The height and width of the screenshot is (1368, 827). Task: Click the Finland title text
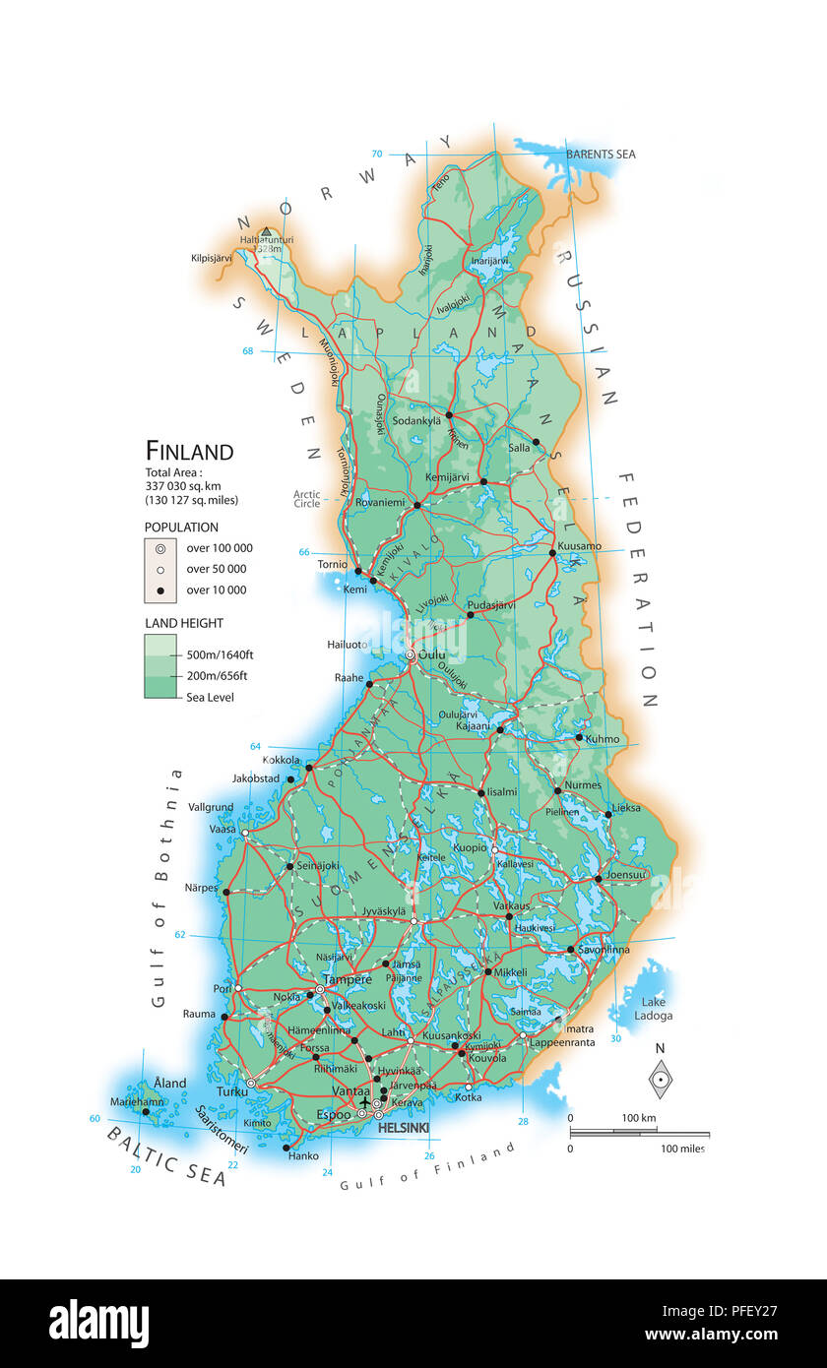click(190, 452)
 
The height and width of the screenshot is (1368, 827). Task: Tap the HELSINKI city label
click(404, 1128)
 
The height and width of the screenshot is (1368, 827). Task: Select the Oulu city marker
click(411, 655)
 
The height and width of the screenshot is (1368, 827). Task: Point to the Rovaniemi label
click(380, 502)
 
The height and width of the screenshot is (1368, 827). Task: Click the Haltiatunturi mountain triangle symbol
click(266, 232)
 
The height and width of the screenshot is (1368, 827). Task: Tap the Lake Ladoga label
click(654, 1009)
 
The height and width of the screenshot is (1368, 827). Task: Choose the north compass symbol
click(661, 1080)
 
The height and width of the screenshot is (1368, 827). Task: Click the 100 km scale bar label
click(639, 1118)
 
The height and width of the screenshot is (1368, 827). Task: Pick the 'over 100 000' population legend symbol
click(159, 548)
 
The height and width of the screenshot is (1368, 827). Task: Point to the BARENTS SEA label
click(601, 155)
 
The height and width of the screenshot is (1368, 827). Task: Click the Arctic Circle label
click(306, 499)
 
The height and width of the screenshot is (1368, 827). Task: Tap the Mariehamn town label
click(137, 1101)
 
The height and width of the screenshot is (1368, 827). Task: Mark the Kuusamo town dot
click(553, 553)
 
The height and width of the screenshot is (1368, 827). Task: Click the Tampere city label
click(349, 979)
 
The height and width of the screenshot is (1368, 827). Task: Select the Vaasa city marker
click(245, 833)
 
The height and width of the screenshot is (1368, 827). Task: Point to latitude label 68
click(248, 351)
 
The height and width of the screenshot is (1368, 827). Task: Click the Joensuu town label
click(625, 874)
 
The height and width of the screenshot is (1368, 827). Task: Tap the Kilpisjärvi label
click(219, 259)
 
